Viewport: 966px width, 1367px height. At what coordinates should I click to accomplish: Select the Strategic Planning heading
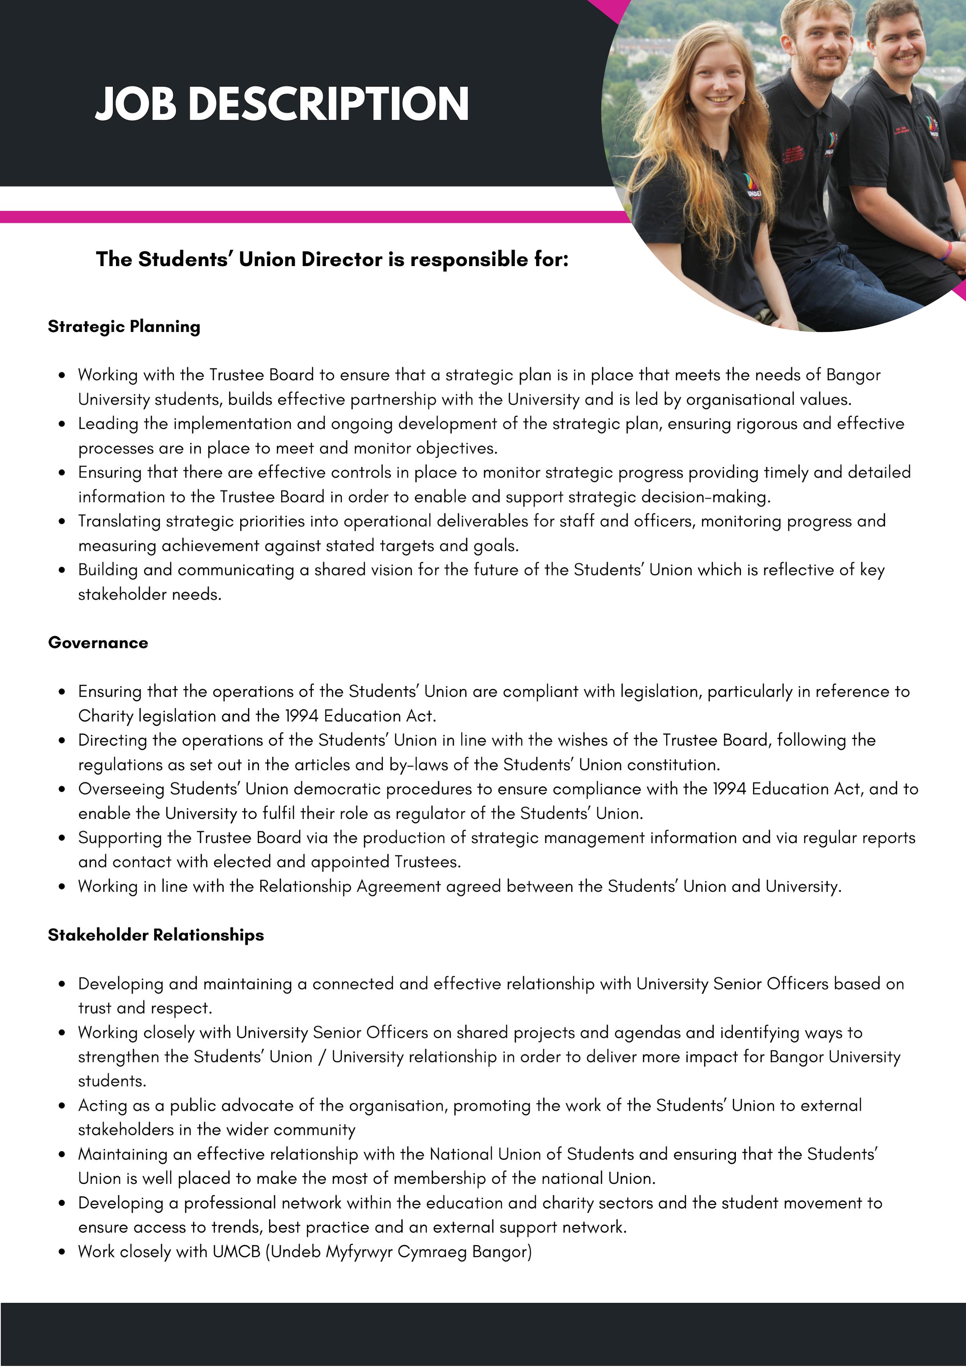tap(124, 326)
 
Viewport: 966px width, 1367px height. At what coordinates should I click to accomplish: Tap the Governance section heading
tap(98, 642)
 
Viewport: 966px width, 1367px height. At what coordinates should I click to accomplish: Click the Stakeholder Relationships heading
tap(156, 935)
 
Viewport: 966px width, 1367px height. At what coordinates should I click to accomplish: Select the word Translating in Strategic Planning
tap(119, 521)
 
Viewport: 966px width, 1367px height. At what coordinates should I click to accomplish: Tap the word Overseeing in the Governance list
tap(121, 789)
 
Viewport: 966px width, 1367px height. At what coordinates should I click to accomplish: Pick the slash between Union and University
tap(322, 1057)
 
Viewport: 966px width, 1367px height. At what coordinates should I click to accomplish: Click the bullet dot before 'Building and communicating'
tap(62, 570)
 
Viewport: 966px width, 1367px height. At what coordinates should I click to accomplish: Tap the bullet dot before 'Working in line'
tap(62, 887)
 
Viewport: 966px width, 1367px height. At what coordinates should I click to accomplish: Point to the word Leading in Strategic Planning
tap(109, 424)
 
